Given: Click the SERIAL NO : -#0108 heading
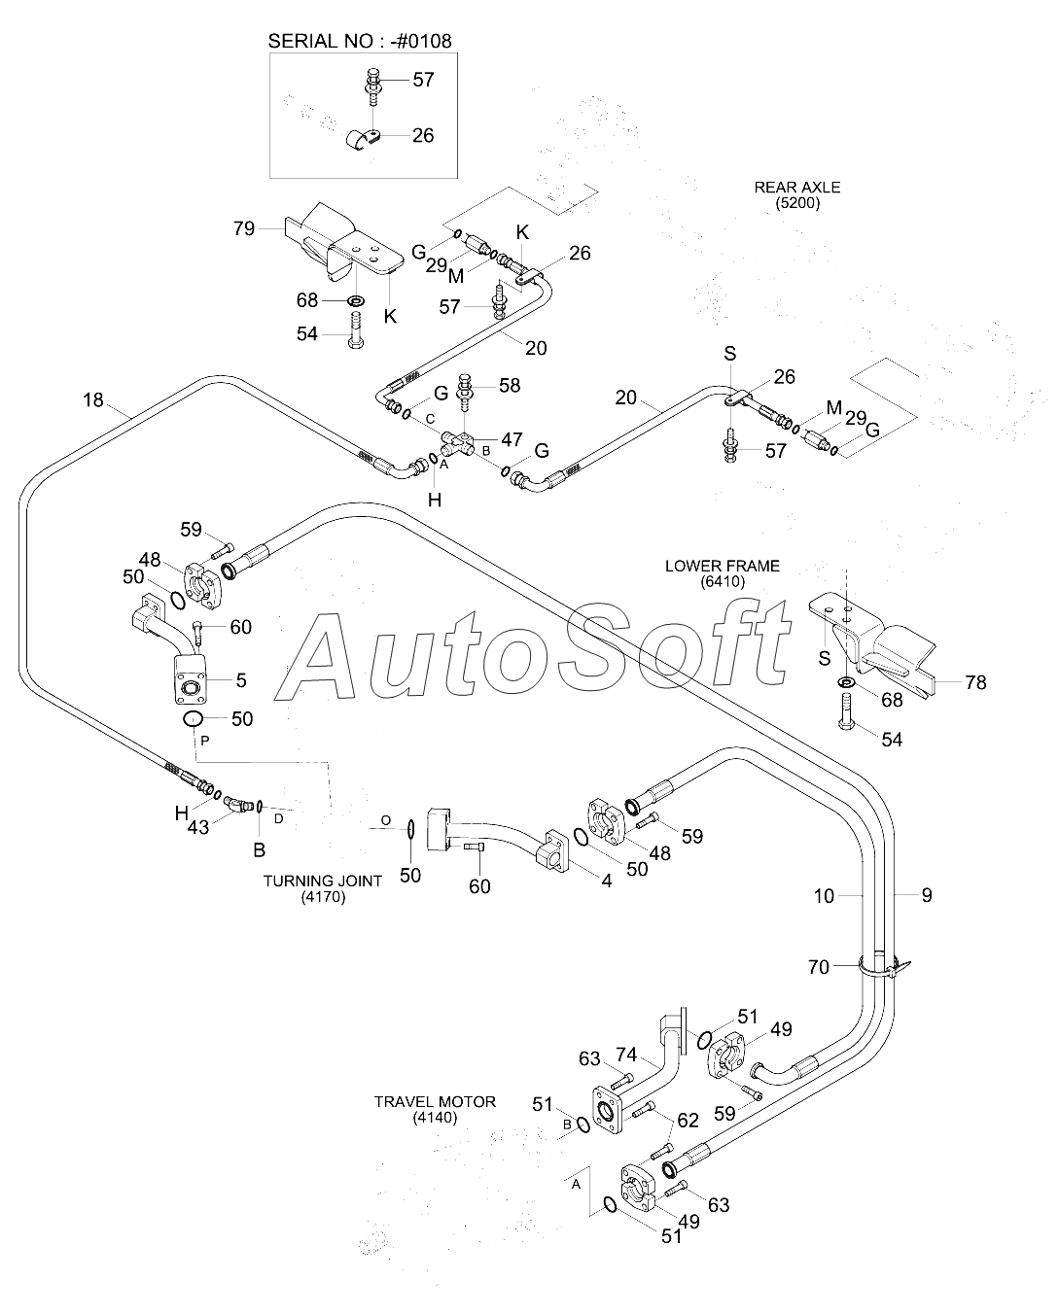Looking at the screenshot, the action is pos(360,41).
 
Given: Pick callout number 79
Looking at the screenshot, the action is pos(244,228).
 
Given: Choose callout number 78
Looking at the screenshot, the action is pos(975,682).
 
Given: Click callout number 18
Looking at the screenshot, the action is pos(93,400).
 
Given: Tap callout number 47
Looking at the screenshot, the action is pos(512,439).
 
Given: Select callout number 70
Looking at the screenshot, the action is pos(819,967).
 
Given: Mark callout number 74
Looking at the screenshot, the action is pos(626,1055).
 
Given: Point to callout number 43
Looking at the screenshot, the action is pos(198,827).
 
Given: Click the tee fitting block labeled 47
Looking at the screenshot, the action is pos(457,443).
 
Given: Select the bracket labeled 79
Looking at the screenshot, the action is pos(342,243).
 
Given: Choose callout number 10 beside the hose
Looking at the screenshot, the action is pos(824,896).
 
